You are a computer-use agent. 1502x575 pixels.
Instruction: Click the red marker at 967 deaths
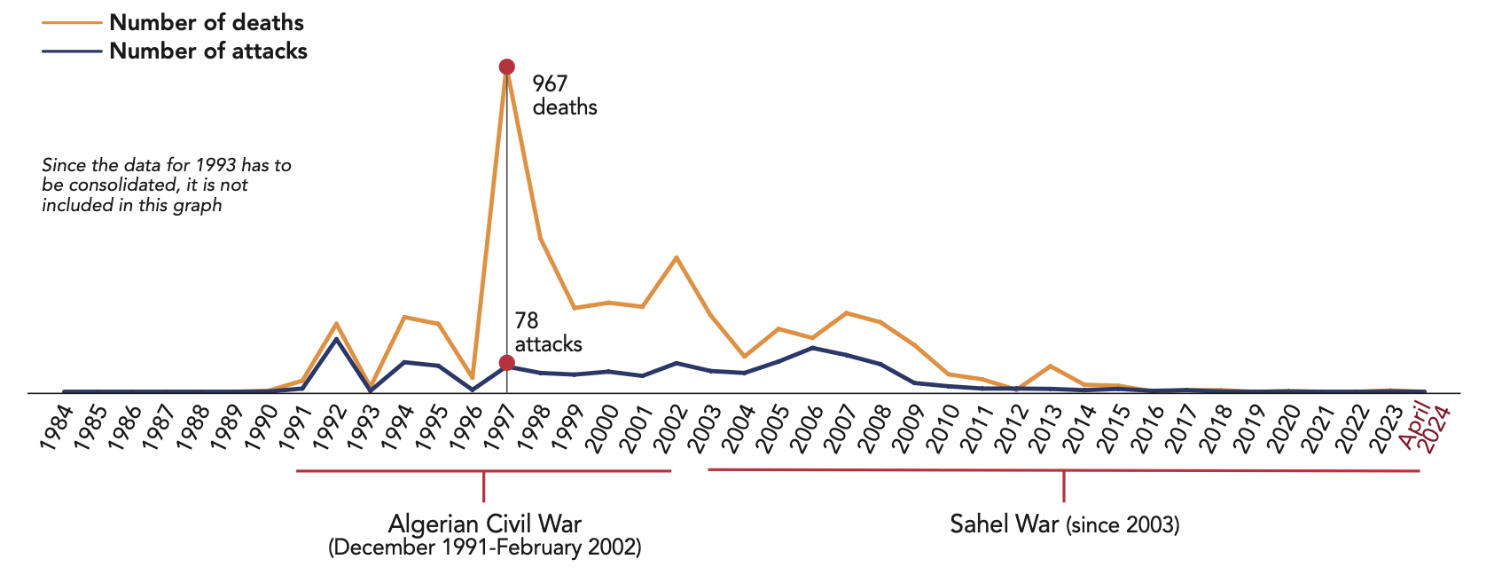point(506,67)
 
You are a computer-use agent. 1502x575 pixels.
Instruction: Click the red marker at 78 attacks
point(506,363)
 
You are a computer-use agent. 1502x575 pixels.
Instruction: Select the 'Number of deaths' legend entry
point(207,22)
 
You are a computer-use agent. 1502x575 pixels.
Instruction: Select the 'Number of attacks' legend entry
point(208,51)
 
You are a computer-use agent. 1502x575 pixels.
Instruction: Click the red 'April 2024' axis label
point(1425,428)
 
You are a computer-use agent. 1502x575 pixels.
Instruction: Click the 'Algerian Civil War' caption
point(484,524)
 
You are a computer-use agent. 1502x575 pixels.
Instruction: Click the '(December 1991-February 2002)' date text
point(484,547)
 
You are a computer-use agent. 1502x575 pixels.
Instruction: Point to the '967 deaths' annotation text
point(564,95)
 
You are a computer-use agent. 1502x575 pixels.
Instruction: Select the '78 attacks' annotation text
point(548,332)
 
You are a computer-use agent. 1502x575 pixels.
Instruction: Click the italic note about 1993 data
point(167,185)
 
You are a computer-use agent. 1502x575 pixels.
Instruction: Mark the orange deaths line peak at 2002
point(677,257)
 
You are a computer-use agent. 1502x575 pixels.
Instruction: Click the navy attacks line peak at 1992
point(336,339)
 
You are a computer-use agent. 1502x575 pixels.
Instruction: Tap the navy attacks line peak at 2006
point(812,348)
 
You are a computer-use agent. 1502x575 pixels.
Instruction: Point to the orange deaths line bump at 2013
point(1050,366)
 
